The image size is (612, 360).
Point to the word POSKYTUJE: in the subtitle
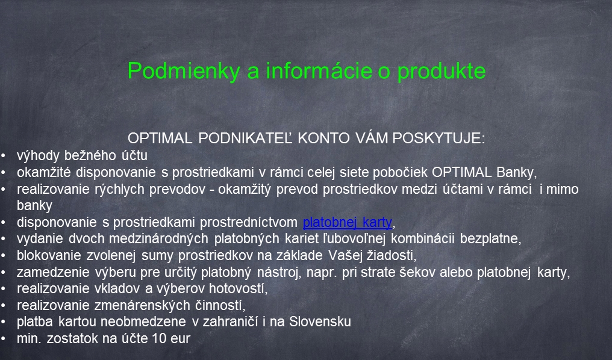(439, 138)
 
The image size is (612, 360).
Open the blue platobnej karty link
(348, 222)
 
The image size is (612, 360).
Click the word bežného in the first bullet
(93, 155)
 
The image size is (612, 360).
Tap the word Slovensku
(320, 322)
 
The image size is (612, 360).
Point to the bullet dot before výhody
(3, 156)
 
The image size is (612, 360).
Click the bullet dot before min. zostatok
(3, 338)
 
